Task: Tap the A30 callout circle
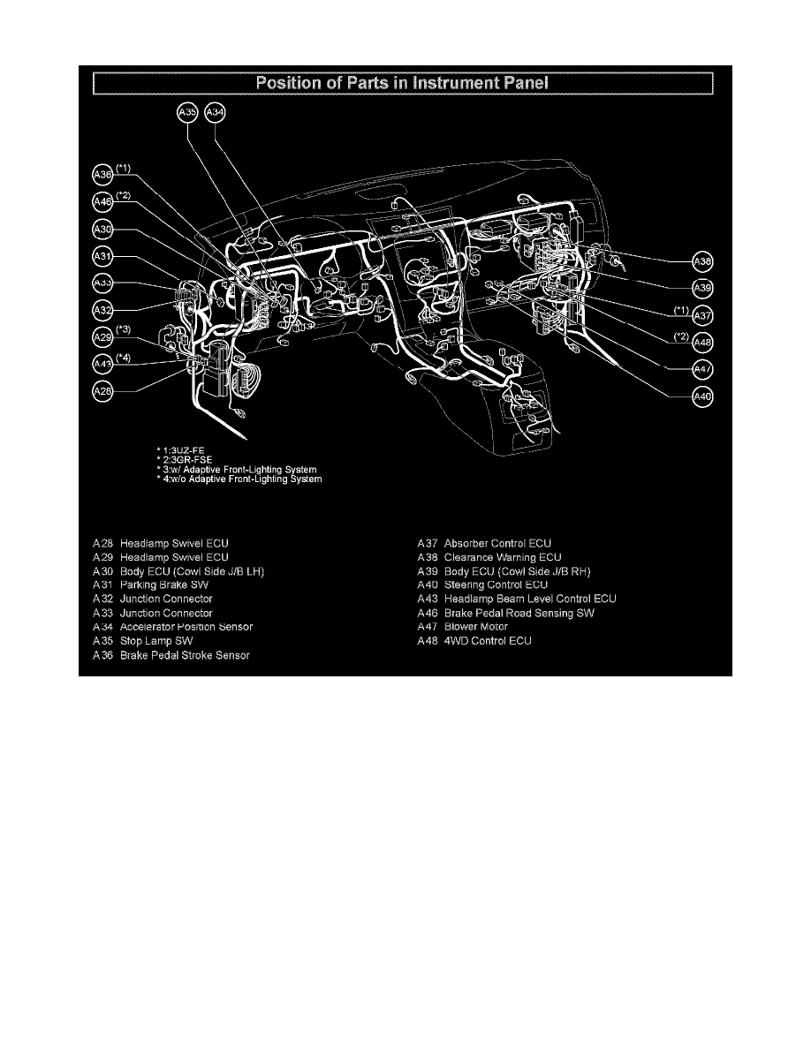coord(103,230)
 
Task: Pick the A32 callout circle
coord(103,310)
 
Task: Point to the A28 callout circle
coord(103,391)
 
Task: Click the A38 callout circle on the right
coord(702,262)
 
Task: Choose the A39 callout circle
coord(702,289)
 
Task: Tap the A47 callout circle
coord(702,369)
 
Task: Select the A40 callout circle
coord(702,396)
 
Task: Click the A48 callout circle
coord(702,343)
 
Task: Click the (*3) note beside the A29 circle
coord(125,329)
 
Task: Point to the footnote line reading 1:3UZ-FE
coord(180,450)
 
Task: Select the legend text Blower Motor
coord(476,626)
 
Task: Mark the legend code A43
coord(427,599)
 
